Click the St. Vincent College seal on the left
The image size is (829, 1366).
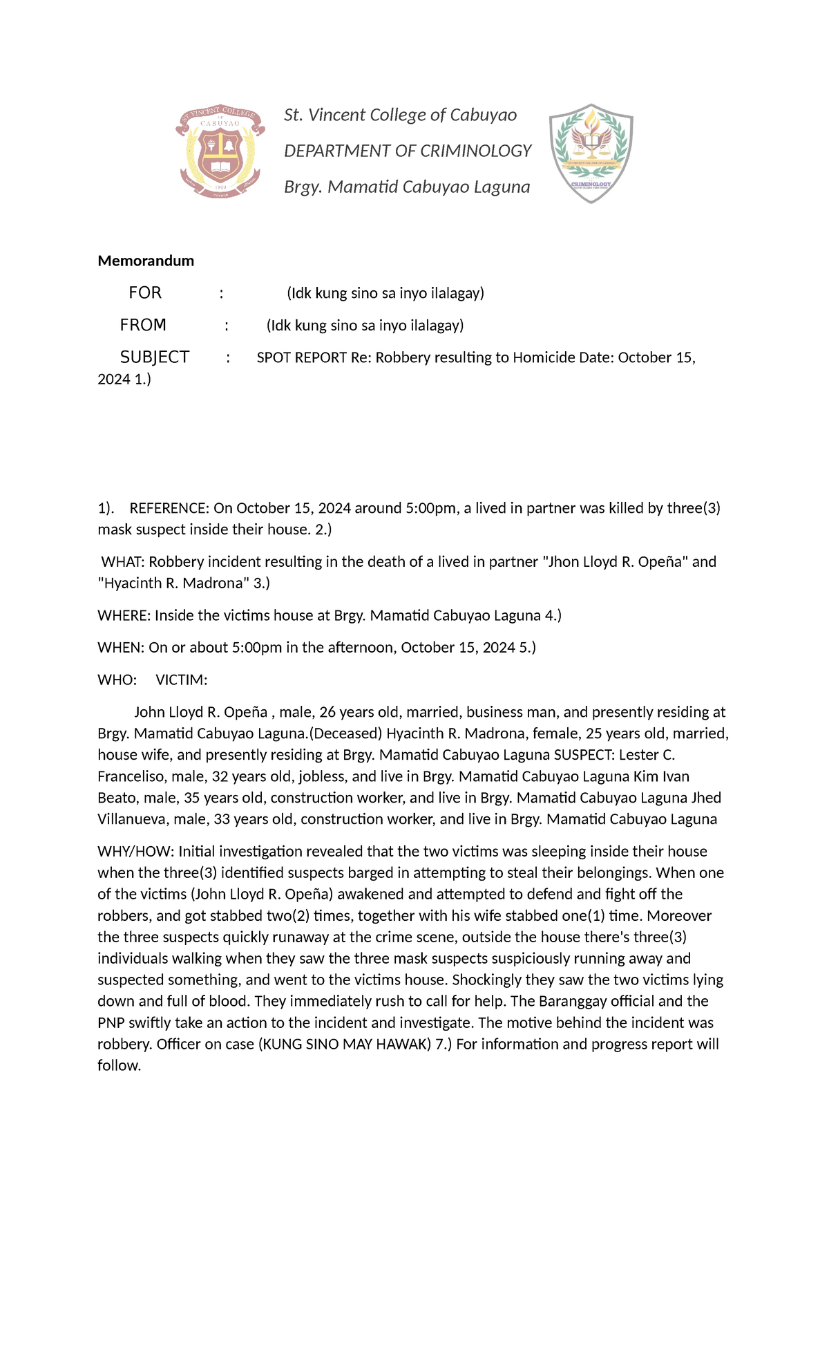coord(220,152)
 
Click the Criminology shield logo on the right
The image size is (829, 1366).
coord(591,153)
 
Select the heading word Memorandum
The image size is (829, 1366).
coord(146,261)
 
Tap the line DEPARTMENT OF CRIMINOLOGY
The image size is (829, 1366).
coord(408,151)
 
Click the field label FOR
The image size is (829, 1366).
coord(145,293)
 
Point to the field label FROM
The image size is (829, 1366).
coord(143,325)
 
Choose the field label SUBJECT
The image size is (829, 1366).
coord(155,357)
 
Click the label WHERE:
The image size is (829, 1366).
coord(124,615)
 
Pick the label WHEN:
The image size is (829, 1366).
coord(121,647)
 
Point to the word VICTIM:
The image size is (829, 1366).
coord(182,680)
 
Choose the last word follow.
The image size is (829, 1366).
coord(119,1065)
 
